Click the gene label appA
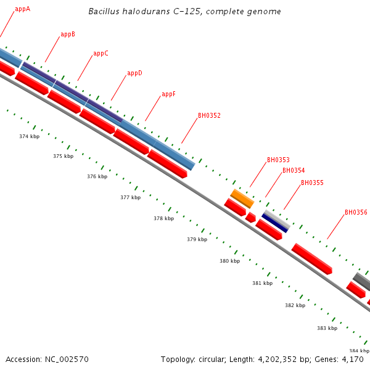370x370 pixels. [x=22, y=9]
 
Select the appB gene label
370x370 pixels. [x=68, y=35]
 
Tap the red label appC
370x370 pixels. [x=101, y=54]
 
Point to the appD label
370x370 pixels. [x=134, y=73]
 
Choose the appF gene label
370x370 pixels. [x=168, y=94]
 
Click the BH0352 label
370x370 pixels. [x=209, y=115]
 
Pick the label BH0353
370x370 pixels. [x=278, y=160]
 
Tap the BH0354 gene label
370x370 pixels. [x=294, y=171]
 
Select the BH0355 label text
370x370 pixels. [x=312, y=183]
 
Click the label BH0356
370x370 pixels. [x=356, y=213]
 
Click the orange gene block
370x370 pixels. [x=242, y=199]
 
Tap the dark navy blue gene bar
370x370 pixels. [x=275, y=223]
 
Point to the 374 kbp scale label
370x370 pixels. [x=29, y=136]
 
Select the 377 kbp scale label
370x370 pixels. [x=130, y=198]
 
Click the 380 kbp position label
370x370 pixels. [x=229, y=261]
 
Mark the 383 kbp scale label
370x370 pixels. [x=327, y=329]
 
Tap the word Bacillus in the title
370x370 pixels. [x=104, y=12]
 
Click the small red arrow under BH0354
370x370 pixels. [x=250, y=217]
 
